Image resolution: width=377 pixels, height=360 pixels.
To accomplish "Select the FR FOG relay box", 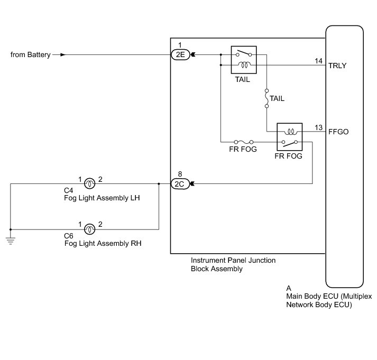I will pos(289,137).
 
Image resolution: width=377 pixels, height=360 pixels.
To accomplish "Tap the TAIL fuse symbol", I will pos(266,99).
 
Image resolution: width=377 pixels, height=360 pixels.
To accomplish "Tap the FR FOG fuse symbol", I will pos(244,142).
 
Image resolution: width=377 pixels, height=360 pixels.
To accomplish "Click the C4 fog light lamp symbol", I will pos(90,184).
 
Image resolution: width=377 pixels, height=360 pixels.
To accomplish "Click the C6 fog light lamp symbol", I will pos(90,229).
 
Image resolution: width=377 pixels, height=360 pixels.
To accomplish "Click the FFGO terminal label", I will pos(338,132).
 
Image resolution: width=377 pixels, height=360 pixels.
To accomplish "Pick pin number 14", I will pos(318,61).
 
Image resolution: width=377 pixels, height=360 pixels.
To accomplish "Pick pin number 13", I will pos(318,127).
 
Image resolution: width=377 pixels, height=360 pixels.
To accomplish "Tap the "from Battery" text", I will pos(31,54).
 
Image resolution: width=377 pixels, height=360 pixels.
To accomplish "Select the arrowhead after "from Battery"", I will pos(63,54).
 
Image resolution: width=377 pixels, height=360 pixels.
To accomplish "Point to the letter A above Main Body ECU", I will pos(289,288).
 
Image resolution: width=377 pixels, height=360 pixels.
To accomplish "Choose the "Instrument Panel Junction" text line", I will pos(233,260).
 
